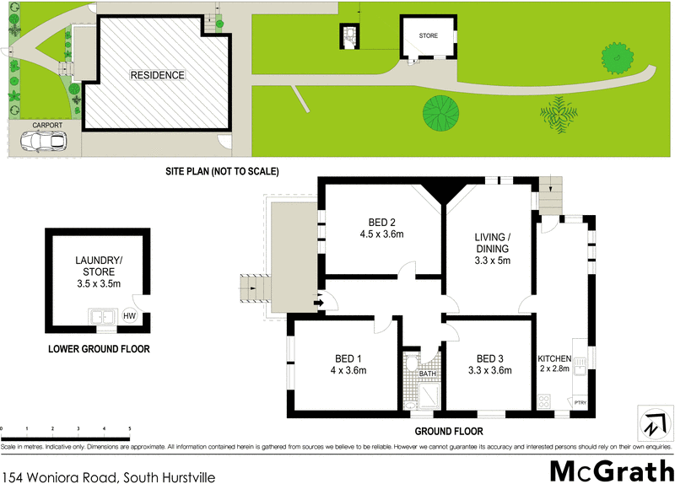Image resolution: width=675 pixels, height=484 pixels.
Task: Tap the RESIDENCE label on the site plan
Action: click(157, 75)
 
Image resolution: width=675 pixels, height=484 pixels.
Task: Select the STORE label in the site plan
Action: click(428, 35)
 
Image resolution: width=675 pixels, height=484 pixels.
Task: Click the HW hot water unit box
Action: click(129, 317)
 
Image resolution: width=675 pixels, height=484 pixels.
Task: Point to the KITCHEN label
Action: click(554, 358)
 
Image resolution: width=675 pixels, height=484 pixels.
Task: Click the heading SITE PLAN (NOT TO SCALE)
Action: click(222, 171)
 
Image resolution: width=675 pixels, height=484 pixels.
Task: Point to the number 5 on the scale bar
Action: click(129, 429)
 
